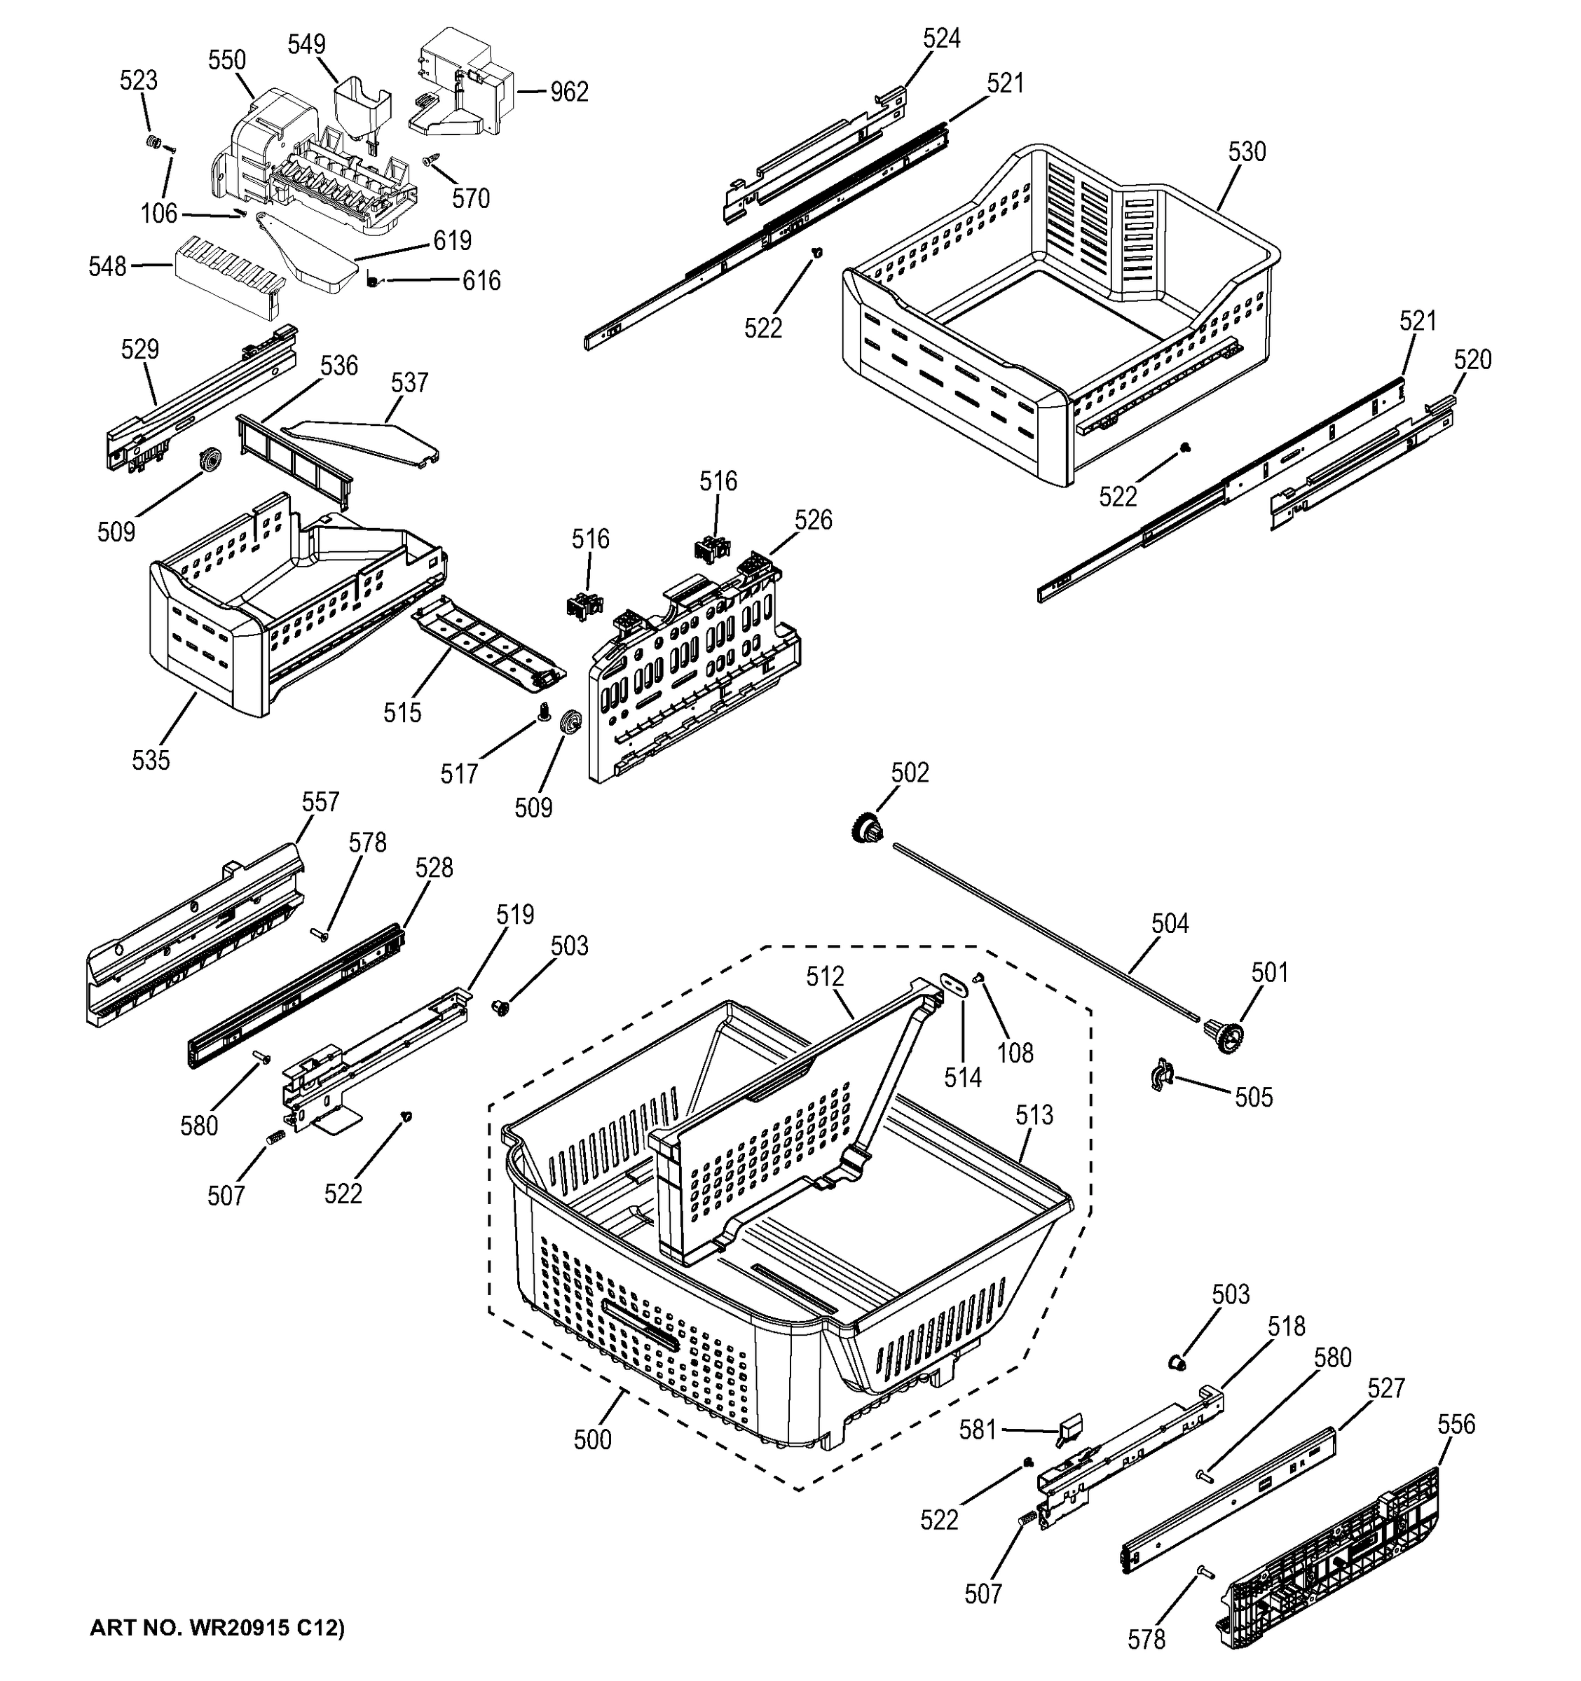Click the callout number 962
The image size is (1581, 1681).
568,91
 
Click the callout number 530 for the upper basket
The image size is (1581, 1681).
1246,152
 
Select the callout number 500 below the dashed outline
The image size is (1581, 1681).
592,1440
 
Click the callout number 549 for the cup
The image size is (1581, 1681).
306,44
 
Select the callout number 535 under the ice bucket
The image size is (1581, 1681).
151,760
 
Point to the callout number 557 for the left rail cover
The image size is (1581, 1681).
320,801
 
